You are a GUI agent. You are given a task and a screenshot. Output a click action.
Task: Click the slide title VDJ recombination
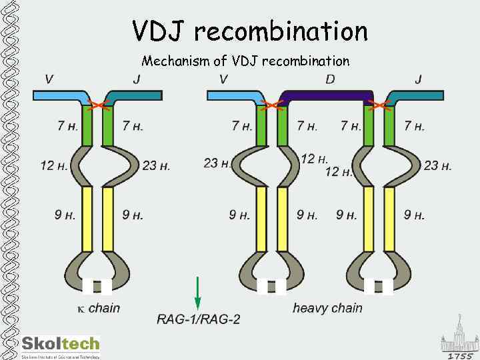(250, 31)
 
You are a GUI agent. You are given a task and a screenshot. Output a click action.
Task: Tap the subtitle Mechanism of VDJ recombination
(245, 61)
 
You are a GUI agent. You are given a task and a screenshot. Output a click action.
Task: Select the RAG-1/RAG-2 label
(198, 319)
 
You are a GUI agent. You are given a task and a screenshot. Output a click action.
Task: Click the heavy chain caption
(327, 307)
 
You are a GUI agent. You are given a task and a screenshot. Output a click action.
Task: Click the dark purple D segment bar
(327, 95)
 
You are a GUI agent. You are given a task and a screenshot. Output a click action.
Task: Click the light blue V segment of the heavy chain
(233, 96)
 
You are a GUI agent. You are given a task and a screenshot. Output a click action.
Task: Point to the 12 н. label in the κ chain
(54, 165)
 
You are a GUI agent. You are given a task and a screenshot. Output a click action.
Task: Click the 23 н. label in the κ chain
(156, 165)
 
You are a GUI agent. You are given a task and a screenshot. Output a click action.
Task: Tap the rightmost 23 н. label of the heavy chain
(437, 165)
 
